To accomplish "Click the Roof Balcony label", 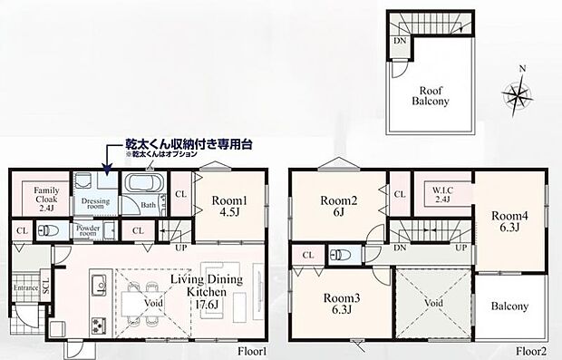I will (x=430, y=97).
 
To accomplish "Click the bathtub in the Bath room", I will (x=141, y=186).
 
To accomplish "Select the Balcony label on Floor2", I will (x=509, y=306).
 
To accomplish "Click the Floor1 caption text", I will (x=252, y=351).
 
